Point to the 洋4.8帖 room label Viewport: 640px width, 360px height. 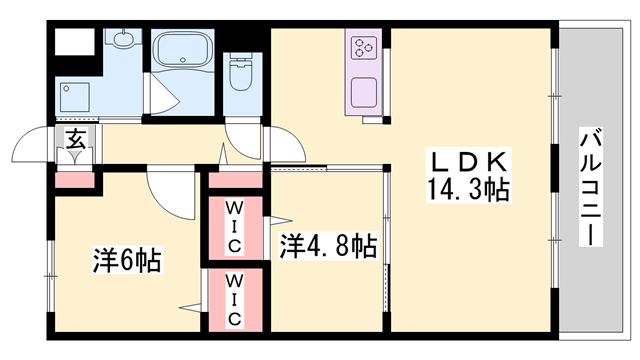(327, 245)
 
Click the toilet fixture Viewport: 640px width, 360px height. (240, 72)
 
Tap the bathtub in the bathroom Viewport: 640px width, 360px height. (182, 50)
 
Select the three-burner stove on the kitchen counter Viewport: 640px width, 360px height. (362, 46)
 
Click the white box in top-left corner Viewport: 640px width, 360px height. (74, 43)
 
